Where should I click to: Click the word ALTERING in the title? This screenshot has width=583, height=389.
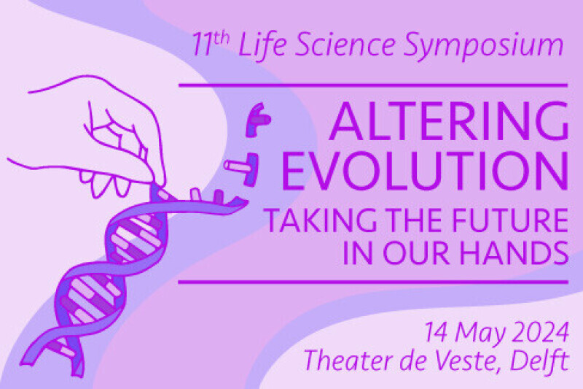coord(448,120)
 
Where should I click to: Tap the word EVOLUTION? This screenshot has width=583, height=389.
coord(425,171)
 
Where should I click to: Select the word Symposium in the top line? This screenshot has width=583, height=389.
coord(483,46)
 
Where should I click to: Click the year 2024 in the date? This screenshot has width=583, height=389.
coord(540,332)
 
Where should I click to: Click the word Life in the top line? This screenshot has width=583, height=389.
coord(262,45)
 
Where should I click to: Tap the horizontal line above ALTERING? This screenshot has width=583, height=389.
coord(373,85)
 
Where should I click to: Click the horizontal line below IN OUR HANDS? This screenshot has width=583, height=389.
coord(373,282)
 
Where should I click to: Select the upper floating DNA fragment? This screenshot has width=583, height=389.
coord(257,120)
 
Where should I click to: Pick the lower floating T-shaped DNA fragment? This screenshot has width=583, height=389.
coord(243,169)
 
